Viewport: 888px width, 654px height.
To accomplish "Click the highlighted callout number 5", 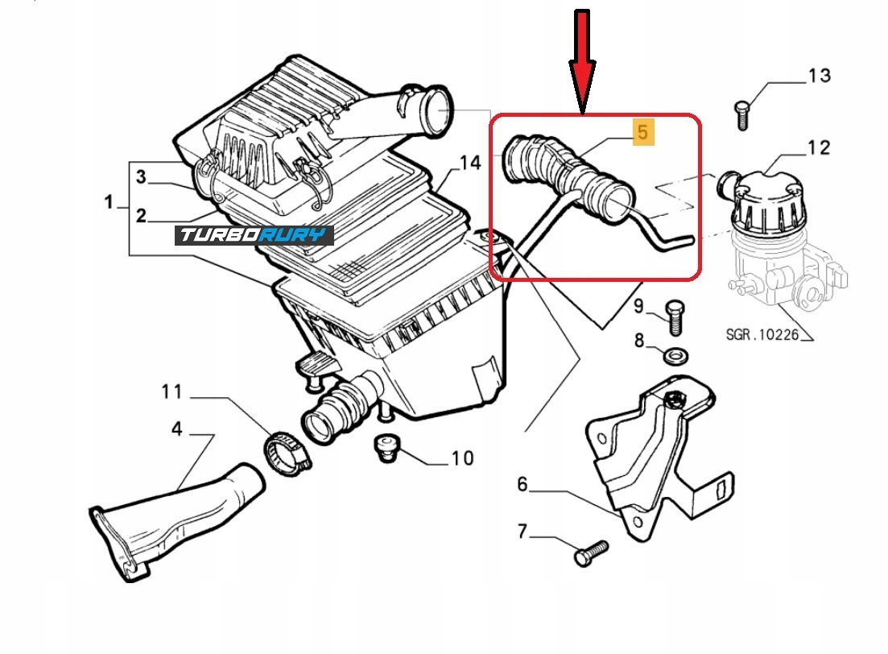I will click(642, 130).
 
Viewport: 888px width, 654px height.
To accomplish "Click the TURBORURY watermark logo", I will click(254, 235).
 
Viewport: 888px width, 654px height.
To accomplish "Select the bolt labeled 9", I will click(675, 317).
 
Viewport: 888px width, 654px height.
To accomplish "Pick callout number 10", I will click(462, 458).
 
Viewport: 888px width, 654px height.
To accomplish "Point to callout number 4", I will click(176, 429).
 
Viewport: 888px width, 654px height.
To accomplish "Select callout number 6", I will click(522, 484).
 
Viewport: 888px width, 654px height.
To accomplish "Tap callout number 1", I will click(108, 202).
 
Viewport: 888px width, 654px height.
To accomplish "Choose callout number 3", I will click(140, 176).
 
